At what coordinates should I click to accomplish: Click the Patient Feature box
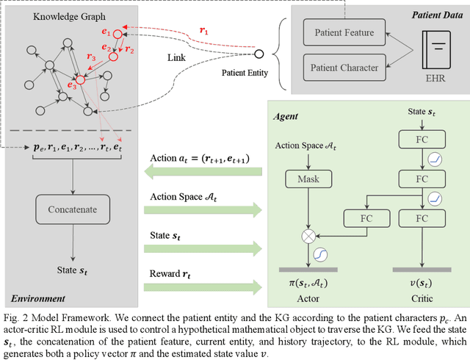click(344, 32)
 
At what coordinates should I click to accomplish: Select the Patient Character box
click(344, 68)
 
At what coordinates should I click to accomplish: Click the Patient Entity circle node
click(258, 54)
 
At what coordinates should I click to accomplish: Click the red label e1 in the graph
click(106, 32)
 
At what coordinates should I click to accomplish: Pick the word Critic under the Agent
click(422, 299)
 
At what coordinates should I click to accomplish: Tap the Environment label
click(37, 298)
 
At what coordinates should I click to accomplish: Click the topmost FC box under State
click(422, 138)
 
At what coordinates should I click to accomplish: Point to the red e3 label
click(72, 85)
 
